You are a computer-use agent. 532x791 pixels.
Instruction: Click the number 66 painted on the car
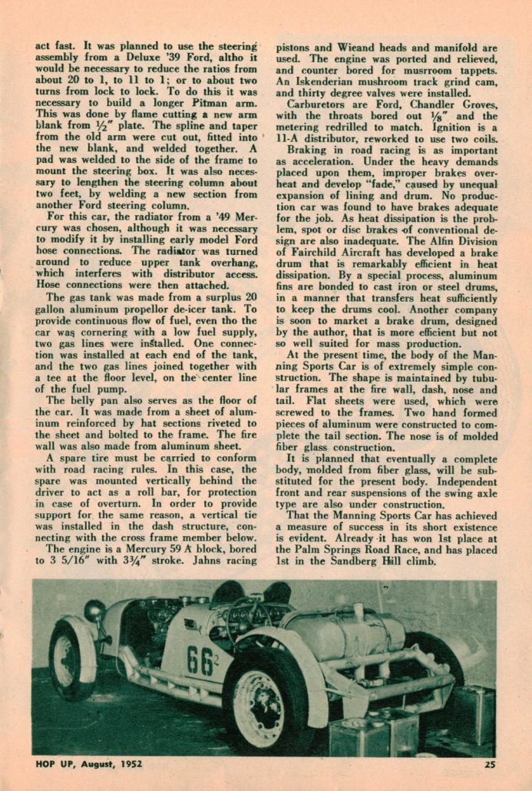(200, 660)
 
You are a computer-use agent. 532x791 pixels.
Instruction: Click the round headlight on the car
(94, 611)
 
